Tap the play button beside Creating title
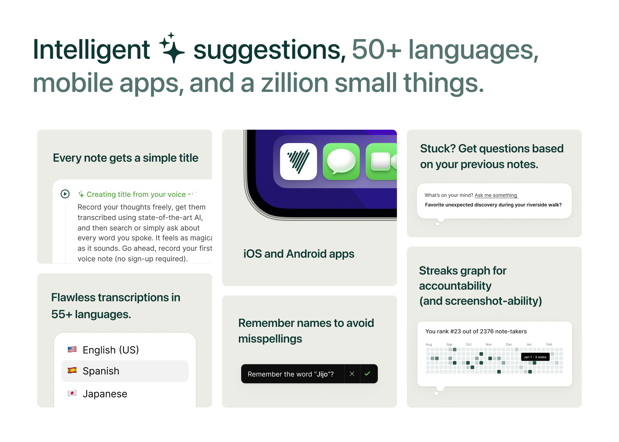pyautogui.click(x=65, y=194)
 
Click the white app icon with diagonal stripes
pyautogui.click(x=298, y=161)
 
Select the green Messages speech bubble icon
pyautogui.click(x=341, y=161)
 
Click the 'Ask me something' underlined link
pyautogui.click(x=496, y=195)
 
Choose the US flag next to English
pyautogui.click(x=72, y=349)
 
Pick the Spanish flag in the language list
pyautogui.click(x=72, y=370)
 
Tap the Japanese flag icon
pyautogui.click(x=72, y=393)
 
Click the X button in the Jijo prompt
pyautogui.click(x=352, y=374)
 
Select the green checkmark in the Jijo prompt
pyautogui.click(x=368, y=374)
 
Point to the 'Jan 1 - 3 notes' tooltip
pyautogui.click(x=535, y=357)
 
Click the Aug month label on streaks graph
pyautogui.click(x=429, y=344)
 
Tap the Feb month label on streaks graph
pyautogui.click(x=549, y=344)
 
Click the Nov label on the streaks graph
pyautogui.click(x=489, y=344)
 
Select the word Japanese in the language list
pyautogui.click(x=105, y=394)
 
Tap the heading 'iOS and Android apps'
pyautogui.click(x=299, y=254)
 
